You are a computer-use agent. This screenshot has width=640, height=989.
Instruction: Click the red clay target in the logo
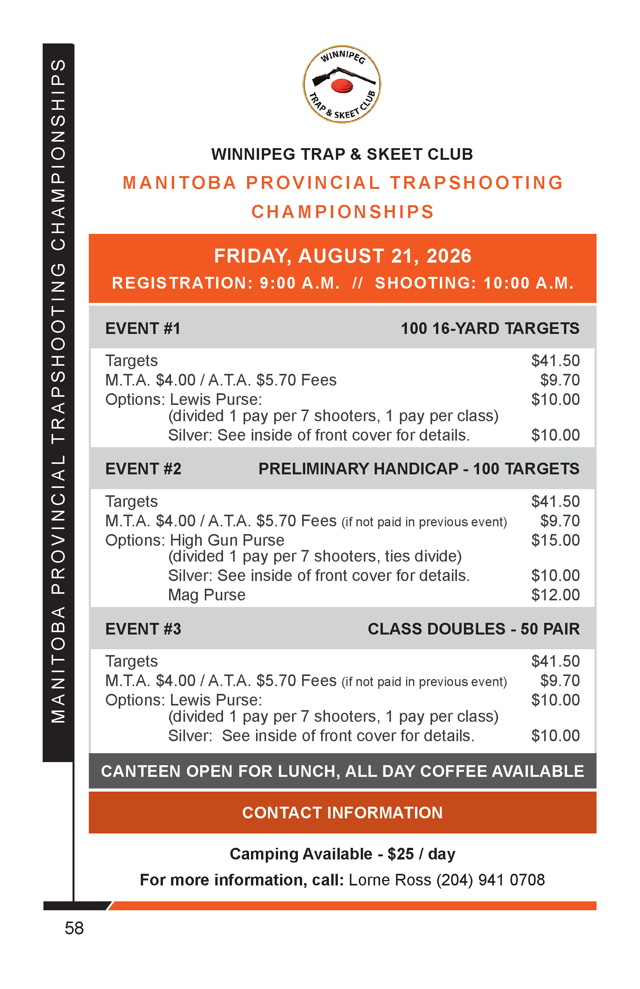[x=342, y=86]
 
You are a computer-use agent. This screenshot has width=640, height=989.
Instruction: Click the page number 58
[x=74, y=928]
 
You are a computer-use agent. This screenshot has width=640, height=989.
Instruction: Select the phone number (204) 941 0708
[x=490, y=880]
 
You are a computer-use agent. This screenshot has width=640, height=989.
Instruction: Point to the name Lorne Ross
[x=390, y=880]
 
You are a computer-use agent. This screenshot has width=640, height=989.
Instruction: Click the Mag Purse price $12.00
[x=555, y=595]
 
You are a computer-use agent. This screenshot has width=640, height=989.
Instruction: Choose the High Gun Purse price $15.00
[x=555, y=540]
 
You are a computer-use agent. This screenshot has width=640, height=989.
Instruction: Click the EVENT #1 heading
[x=143, y=328]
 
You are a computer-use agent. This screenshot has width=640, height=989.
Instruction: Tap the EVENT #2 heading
[x=144, y=469]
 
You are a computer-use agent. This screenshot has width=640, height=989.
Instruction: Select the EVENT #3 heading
[x=144, y=629]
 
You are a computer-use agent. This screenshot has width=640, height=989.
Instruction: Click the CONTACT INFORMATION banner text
[x=342, y=813]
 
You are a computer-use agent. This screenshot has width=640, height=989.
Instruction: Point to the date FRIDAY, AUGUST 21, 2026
[x=342, y=256]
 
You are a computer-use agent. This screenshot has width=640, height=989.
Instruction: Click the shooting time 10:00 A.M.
[x=528, y=283]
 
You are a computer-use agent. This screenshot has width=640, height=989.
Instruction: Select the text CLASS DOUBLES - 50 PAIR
[x=473, y=629]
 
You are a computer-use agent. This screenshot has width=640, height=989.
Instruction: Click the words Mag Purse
[x=206, y=595]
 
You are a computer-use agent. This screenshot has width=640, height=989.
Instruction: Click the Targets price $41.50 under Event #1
[x=555, y=360]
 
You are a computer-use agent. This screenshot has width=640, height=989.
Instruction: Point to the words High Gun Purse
[x=227, y=540]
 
